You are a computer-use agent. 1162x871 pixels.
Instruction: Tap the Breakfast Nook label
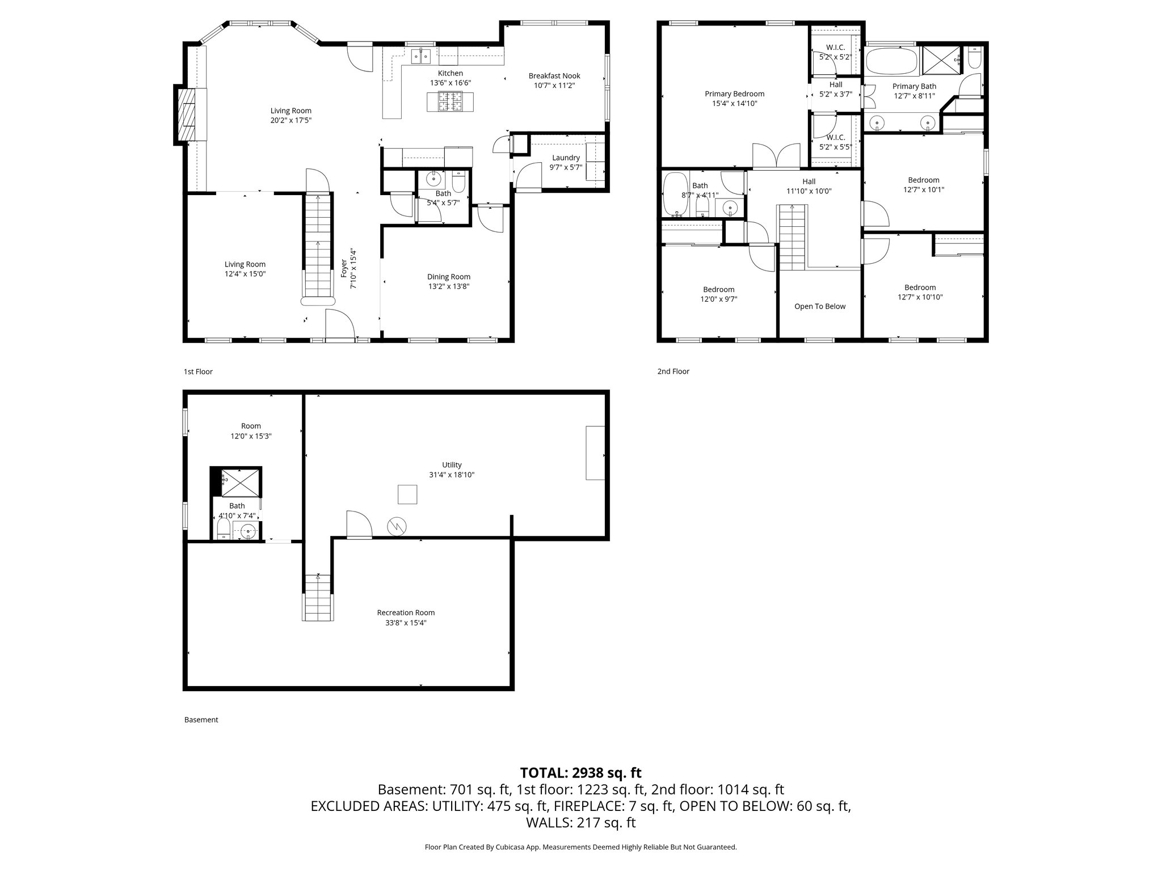tap(554, 76)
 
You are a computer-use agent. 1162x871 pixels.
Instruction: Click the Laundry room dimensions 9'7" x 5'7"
tap(566, 167)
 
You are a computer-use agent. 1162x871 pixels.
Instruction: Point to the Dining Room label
tap(448, 277)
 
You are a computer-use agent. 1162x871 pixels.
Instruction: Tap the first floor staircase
tap(318, 244)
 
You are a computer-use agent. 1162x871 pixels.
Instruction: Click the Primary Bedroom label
tap(734, 94)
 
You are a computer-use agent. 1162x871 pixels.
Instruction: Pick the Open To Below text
tap(819, 306)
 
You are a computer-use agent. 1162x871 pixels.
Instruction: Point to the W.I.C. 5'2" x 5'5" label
tap(835, 142)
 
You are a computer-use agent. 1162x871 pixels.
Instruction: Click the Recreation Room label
tap(406, 612)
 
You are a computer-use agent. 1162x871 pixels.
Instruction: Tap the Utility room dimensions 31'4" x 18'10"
tap(452, 475)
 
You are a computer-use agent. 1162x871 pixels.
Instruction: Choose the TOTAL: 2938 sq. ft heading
tap(580, 772)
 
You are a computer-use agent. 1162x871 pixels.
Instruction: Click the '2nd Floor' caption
tap(673, 371)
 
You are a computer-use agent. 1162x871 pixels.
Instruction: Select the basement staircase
tap(318, 598)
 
